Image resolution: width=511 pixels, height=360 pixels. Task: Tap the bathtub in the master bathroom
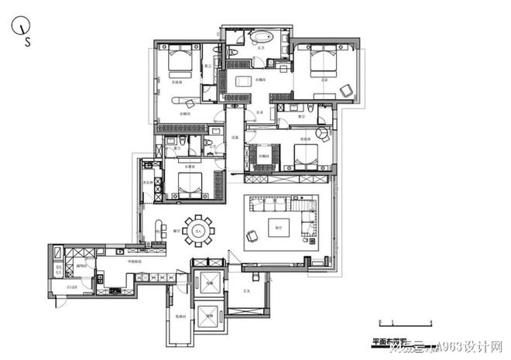click(258, 37)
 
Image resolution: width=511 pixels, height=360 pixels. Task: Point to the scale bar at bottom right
click(403, 321)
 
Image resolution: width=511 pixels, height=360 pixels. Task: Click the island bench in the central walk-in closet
click(245, 81)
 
